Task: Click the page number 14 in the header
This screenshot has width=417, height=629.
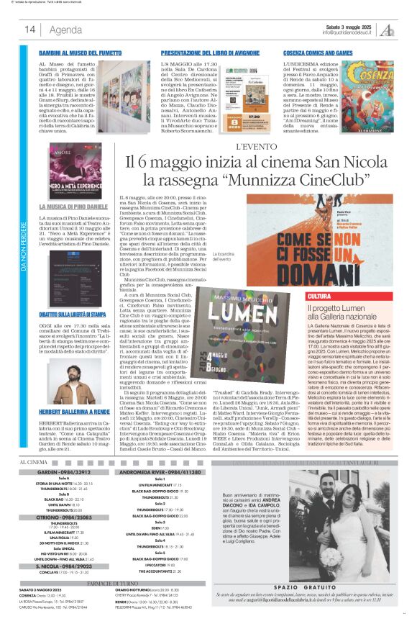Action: tap(30, 30)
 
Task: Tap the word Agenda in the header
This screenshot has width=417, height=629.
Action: tap(65, 30)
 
